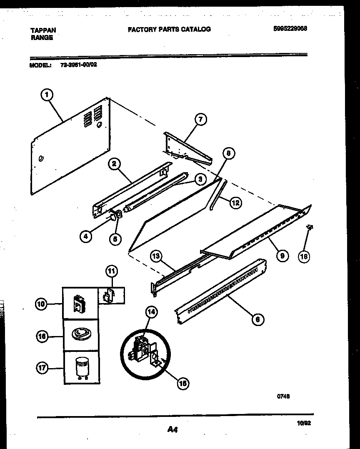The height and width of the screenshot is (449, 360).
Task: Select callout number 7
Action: click(200, 120)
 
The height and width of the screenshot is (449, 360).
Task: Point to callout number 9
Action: click(282, 256)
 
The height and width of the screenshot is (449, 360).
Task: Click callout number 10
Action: click(41, 305)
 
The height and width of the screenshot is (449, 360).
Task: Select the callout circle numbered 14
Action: click(151, 312)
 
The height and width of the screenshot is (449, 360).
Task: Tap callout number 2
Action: click(113, 164)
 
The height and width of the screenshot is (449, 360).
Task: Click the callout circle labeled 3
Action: click(200, 179)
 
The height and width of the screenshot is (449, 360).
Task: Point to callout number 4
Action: click(85, 237)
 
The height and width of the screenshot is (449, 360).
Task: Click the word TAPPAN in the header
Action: click(43, 30)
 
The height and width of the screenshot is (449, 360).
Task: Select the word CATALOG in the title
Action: click(197, 29)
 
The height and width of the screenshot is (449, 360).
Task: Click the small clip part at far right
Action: click(310, 228)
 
